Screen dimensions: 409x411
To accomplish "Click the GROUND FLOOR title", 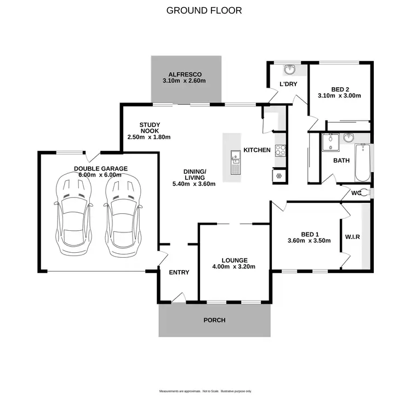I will [204, 10].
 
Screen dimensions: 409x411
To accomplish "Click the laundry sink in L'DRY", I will [289, 70].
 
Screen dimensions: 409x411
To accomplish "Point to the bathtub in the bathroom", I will [362, 163].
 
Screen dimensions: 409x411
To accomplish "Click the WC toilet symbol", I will [366, 193].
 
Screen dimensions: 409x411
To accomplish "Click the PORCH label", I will [214, 320].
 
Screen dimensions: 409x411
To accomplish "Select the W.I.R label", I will [352, 237].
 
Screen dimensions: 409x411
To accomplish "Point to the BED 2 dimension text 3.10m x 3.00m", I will [339, 95].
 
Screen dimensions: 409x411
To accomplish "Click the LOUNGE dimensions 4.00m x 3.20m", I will [235, 267].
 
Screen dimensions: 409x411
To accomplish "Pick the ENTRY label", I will [179, 272].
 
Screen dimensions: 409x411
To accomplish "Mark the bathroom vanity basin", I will [348, 139].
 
